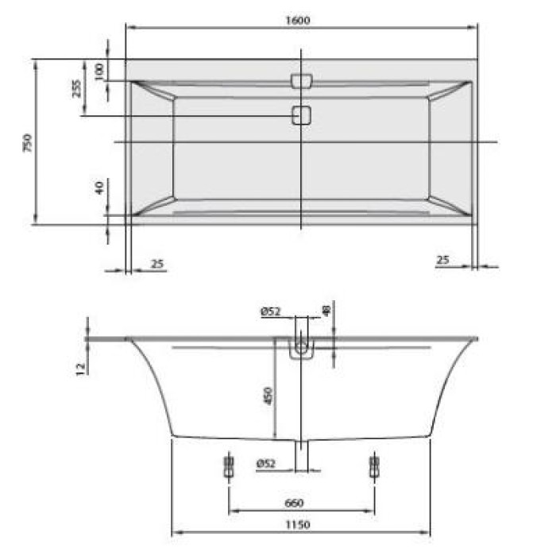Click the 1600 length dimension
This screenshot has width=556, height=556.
tap(302, 21)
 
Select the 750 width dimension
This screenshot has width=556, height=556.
tap(27, 142)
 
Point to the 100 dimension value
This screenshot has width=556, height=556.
tap(99, 70)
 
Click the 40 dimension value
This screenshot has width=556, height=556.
tap(99, 188)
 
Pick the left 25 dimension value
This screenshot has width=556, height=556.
tap(156, 263)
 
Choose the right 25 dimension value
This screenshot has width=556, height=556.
tap(443, 260)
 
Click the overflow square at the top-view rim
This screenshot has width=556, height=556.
tap(302, 81)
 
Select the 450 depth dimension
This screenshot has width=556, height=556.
tap(268, 395)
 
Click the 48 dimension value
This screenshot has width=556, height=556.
tap(326, 308)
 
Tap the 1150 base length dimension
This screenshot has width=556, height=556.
tap(300, 524)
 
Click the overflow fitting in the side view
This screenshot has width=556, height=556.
tap(302, 349)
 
